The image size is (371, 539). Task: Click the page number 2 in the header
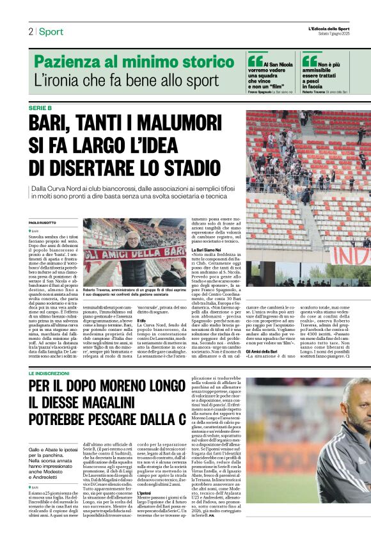pyautogui.click(x=30, y=31)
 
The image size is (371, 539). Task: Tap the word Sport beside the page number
pyautogui.click(x=51, y=31)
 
